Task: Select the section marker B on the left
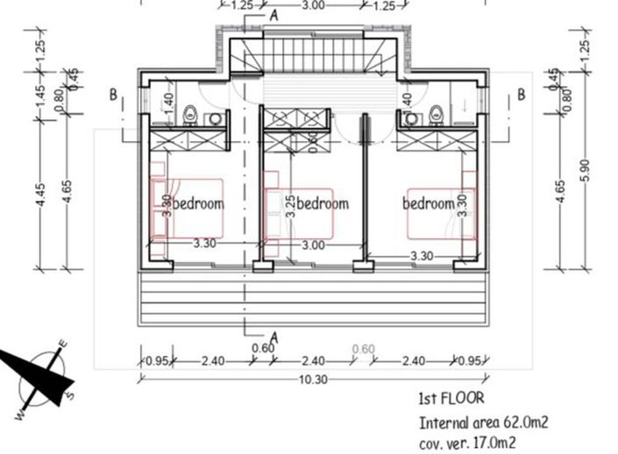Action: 114,95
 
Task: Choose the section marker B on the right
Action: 521,95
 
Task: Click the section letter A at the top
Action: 274,15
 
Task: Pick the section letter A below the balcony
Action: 274,336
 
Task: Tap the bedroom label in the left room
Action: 198,203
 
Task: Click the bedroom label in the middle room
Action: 323,203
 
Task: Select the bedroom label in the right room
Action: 428,203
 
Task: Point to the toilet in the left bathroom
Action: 190,113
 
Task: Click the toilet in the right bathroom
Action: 436,113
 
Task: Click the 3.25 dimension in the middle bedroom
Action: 290,205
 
